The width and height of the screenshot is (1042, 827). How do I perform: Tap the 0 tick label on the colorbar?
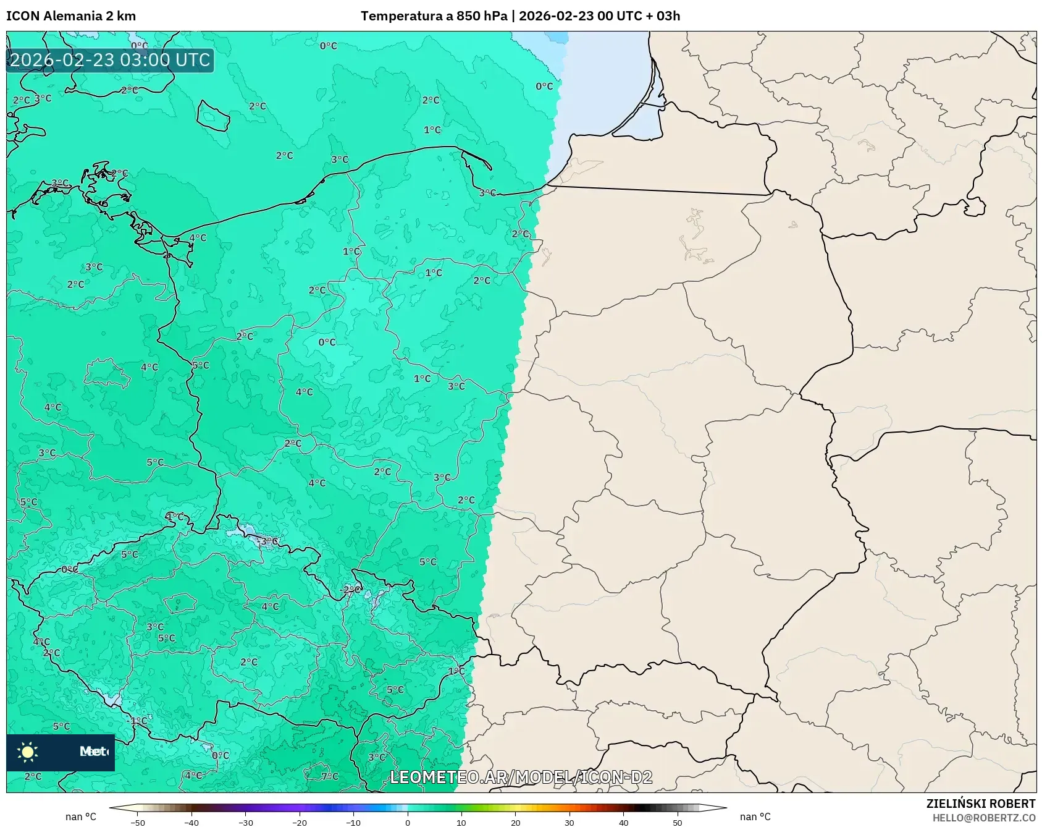click(407, 822)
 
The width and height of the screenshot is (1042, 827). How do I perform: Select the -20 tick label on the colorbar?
click(299, 822)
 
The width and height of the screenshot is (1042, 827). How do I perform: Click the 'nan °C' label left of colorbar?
click(81, 817)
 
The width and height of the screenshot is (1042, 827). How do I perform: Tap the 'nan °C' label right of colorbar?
click(755, 817)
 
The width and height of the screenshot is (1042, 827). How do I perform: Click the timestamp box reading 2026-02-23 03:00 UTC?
click(110, 60)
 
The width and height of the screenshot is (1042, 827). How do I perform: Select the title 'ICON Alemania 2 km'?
click(71, 16)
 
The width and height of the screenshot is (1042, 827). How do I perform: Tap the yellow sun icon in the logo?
click(28, 752)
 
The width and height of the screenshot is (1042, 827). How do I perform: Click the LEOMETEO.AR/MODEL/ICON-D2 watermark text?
click(521, 777)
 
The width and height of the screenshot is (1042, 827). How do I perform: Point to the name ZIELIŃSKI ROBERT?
click(980, 804)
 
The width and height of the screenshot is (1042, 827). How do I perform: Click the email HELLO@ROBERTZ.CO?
click(983, 818)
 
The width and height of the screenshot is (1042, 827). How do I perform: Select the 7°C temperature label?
click(330, 776)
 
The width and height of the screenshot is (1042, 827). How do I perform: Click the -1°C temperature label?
click(137, 721)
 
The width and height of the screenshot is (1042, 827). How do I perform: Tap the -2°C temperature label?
click(350, 590)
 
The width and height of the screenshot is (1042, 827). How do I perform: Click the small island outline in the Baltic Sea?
click(214, 116)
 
